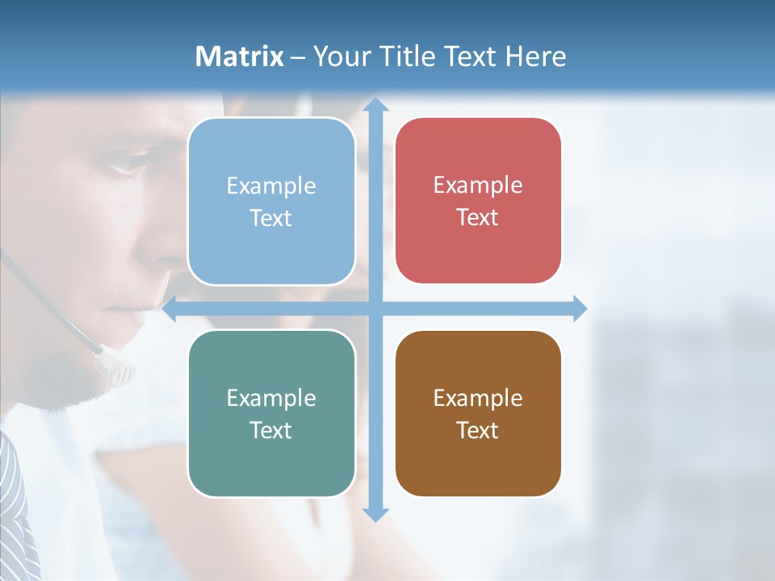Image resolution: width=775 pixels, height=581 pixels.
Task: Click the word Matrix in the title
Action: point(239,56)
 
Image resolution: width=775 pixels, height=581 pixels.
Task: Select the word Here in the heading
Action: point(535,56)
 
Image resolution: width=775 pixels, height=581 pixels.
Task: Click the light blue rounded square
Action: point(271,202)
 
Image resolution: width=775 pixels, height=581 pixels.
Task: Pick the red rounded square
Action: point(478,201)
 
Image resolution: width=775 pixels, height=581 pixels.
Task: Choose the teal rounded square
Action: point(271,413)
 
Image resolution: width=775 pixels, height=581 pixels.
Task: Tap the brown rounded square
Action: point(478,413)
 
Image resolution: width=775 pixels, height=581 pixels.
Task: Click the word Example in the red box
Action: point(478,185)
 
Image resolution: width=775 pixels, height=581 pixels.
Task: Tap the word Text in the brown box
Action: point(478,430)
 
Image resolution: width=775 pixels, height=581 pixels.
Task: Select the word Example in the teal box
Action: point(271,398)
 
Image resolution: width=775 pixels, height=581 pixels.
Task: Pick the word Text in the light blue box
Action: point(271,218)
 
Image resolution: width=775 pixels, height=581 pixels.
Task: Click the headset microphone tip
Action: point(121,371)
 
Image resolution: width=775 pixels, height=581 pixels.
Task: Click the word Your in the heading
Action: point(340,56)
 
